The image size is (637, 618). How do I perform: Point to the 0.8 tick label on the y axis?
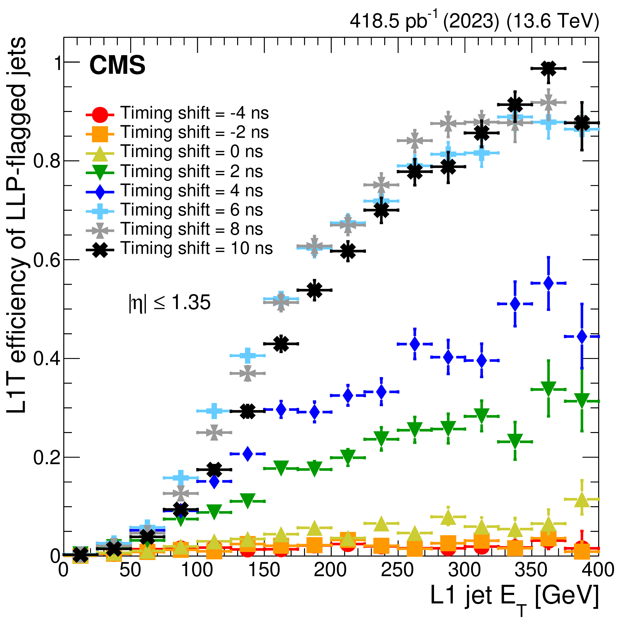(x=47, y=161)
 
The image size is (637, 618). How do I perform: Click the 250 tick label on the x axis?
(x=397, y=570)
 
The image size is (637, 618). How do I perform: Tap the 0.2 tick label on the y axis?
(x=47, y=457)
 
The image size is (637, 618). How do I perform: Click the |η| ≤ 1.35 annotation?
(x=170, y=302)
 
